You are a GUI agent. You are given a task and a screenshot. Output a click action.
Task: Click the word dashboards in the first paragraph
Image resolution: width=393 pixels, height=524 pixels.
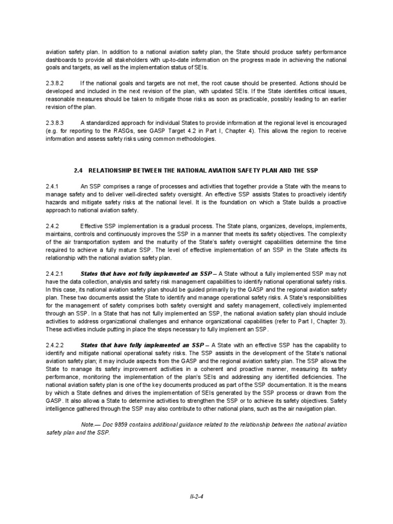pyautogui.click(x=62, y=61)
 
